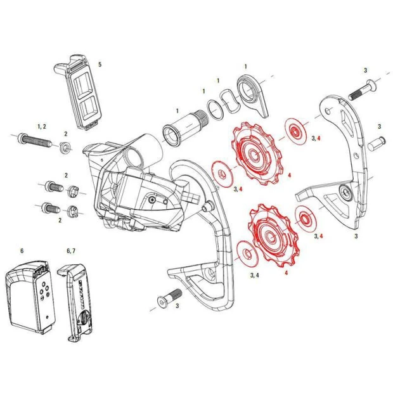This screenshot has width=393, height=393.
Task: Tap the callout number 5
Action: click(100, 65)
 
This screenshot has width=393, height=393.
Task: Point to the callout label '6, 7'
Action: click(70, 250)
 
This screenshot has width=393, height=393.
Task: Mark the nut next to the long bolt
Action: click(65, 150)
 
